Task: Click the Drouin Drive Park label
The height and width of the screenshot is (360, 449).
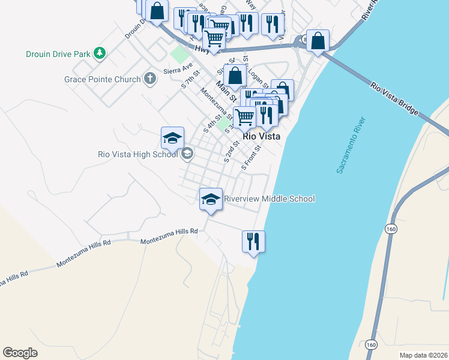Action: tap(58, 54)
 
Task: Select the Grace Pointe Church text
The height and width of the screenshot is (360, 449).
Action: tap(103, 79)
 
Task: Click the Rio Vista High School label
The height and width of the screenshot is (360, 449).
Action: tap(138, 154)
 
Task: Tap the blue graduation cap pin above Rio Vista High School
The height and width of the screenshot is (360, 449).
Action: tap(172, 138)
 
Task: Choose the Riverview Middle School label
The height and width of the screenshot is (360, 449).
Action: tap(269, 199)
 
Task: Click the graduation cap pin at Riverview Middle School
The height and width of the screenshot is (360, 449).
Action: tap(211, 199)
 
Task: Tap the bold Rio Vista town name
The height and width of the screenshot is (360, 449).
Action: tap(262, 136)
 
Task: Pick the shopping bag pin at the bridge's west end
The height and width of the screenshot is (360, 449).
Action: tap(318, 40)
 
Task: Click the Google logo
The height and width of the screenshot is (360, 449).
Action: tap(20, 353)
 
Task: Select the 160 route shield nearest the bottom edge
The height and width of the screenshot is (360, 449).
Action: tap(370, 344)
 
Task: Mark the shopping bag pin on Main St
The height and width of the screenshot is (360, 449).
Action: tap(235, 76)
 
